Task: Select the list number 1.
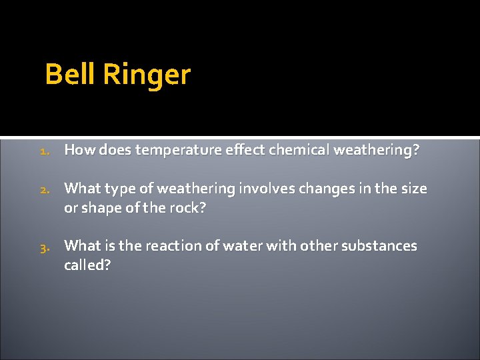[44, 151]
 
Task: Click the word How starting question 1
[79, 151]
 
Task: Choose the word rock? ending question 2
[189, 208]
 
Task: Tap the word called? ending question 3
[87, 265]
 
